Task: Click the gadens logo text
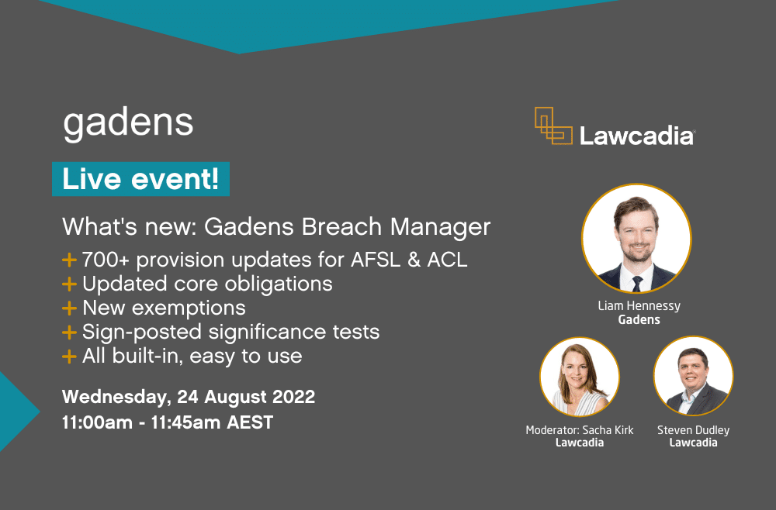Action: pyautogui.click(x=128, y=122)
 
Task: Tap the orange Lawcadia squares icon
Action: pyautogui.click(x=553, y=126)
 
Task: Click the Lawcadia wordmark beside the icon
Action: pyautogui.click(x=636, y=136)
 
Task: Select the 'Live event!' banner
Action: pyautogui.click(x=140, y=179)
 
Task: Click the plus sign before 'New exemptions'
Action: pyautogui.click(x=70, y=308)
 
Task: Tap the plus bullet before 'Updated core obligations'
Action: pyautogui.click(x=70, y=284)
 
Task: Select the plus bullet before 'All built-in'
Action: pyautogui.click(x=70, y=357)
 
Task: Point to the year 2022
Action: pyautogui.click(x=292, y=397)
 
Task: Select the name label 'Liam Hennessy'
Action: pyautogui.click(x=639, y=306)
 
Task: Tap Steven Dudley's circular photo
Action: pyautogui.click(x=693, y=376)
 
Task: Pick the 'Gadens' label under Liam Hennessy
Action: pyautogui.click(x=639, y=319)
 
